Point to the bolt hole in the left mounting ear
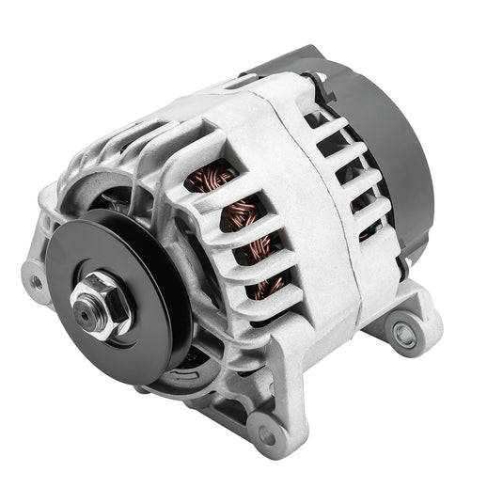click(x=36, y=281)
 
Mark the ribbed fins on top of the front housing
click(x=150, y=141)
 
